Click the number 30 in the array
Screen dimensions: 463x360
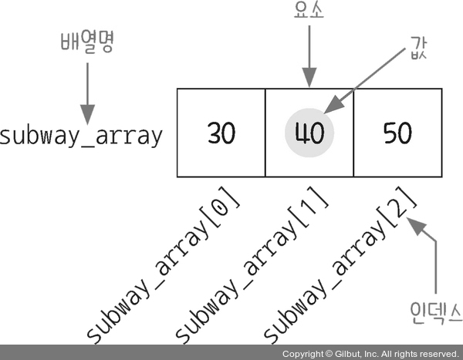[x=221, y=134]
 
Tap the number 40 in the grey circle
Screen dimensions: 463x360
[x=309, y=134]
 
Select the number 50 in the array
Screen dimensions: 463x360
[x=397, y=134]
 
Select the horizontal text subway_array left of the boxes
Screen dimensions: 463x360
[x=81, y=136]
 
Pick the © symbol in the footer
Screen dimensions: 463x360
[x=327, y=354]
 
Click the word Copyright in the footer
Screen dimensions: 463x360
[x=302, y=354]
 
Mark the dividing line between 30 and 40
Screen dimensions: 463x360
[x=265, y=133]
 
